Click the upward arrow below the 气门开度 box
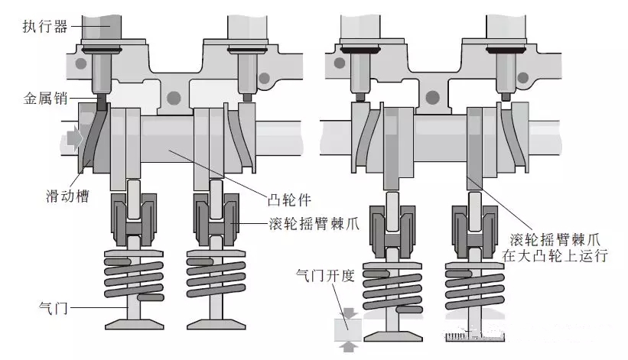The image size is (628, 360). click(x=349, y=348)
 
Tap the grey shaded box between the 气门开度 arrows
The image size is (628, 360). click(x=349, y=329)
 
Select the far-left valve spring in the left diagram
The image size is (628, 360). click(x=134, y=275)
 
